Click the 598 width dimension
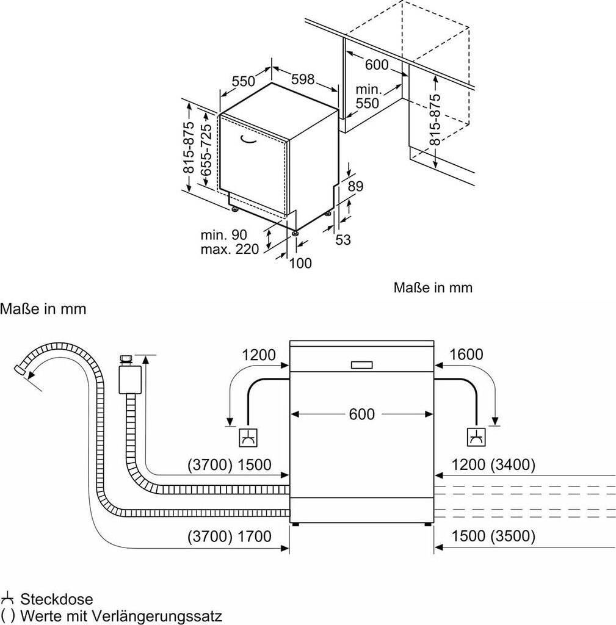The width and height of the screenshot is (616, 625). [303, 79]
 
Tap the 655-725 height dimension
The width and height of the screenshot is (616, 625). [206, 150]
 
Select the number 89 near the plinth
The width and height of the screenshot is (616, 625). [355, 186]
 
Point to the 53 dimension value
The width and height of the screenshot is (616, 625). [343, 239]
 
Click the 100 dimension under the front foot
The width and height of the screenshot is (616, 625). [300, 263]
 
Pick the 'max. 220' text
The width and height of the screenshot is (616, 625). [230, 250]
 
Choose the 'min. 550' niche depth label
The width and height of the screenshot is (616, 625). [368, 96]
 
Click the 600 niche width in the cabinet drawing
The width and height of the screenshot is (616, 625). [377, 65]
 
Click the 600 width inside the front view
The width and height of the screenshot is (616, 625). [361, 414]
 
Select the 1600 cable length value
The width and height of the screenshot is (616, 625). [466, 355]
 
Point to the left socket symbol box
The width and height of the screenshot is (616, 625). [248, 438]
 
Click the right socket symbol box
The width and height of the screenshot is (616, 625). [476, 438]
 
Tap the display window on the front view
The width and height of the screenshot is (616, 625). [361, 365]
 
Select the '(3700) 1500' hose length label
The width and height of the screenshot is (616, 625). [230, 464]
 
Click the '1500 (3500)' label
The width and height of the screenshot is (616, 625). [493, 536]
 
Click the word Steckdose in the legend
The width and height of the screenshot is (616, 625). [57, 599]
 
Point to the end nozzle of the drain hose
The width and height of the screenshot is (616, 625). [19, 369]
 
